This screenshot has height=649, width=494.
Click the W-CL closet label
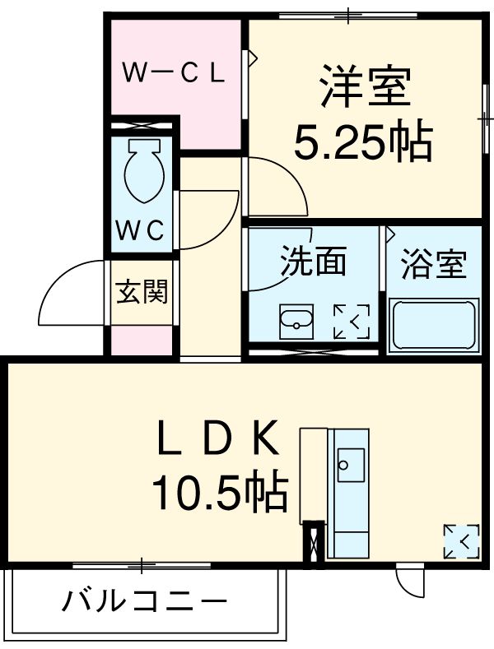click(x=174, y=73)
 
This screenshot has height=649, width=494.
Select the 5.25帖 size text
click(x=363, y=144)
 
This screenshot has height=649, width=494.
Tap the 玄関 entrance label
click(x=142, y=291)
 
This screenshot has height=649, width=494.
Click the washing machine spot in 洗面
click(x=352, y=321)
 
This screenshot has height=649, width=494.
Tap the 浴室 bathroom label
click(x=433, y=265)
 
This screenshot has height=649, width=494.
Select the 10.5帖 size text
click(x=219, y=494)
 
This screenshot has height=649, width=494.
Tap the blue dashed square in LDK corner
click(x=460, y=540)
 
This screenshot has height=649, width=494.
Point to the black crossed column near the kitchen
click(x=313, y=544)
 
